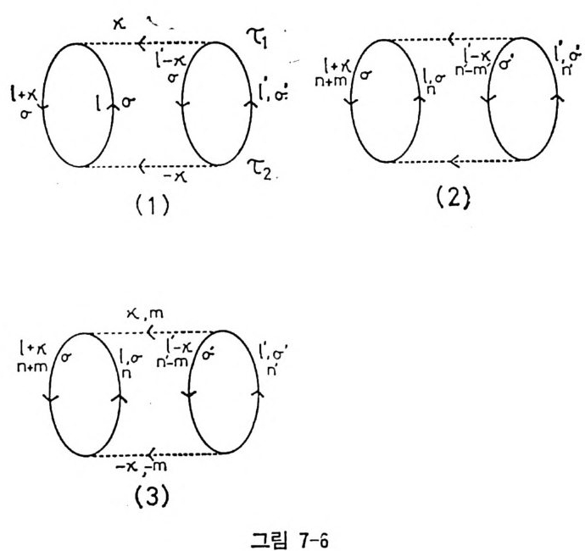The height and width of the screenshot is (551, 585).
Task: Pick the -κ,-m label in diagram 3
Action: (157, 467)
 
